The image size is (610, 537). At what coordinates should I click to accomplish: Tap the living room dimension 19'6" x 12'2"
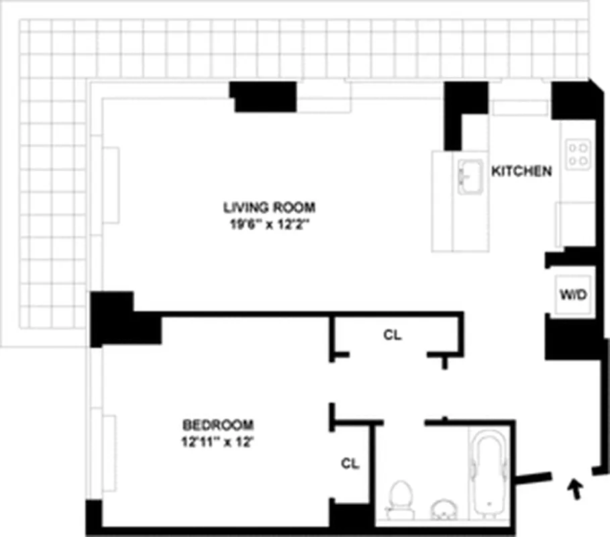[x=269, y=226]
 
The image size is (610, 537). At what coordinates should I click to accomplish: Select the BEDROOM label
[x=218, y=424]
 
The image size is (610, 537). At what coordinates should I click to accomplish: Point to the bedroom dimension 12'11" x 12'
[x=218, y=442]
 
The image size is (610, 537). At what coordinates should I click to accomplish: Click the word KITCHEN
[x=522, y=171]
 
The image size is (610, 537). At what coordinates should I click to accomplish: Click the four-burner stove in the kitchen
[x=578, y=154]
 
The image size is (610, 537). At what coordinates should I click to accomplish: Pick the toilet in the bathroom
[x=401, y=498]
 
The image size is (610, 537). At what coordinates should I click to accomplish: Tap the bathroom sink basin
[x=442, y=509]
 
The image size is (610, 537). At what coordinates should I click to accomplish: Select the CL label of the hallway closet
[x=393, y=335]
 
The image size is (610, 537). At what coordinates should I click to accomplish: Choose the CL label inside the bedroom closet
[x=350, y=463]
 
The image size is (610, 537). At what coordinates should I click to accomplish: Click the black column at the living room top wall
[x=264, y=97]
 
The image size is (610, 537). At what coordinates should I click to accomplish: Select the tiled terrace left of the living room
[x=54, y=201]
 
